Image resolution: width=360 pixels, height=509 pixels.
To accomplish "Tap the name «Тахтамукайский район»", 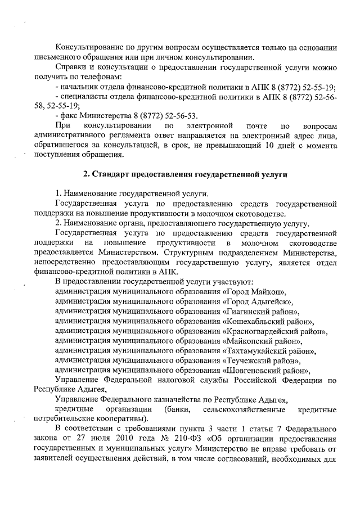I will pos(269,351).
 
